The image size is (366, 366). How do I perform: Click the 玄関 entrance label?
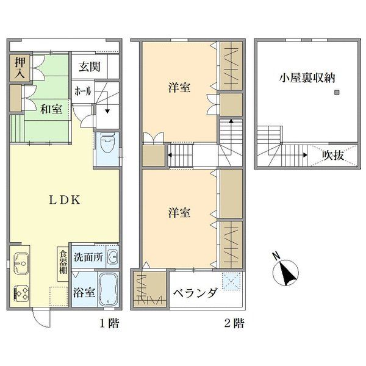point(90,66)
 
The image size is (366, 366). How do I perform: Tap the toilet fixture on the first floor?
point(107,142)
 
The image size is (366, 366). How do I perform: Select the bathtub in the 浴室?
point(107,289)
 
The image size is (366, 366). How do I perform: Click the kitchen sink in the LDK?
point(21,264)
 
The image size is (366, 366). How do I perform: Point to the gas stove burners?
point(21,293)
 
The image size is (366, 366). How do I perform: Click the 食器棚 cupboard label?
point(63,262)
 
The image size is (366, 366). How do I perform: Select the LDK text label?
point(65,200)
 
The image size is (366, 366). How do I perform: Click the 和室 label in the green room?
point(51,109)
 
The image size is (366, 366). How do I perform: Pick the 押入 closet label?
point(20,68)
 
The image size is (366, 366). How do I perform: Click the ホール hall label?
point(82,91)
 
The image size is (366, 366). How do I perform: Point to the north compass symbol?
point(286,272)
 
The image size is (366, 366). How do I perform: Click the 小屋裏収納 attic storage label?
point(307,77)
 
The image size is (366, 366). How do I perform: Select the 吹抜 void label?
point(333,155)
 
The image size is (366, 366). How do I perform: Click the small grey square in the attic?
point(337,93)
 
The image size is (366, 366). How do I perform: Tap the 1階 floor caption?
point(109,323)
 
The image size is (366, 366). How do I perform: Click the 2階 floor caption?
point(234,323)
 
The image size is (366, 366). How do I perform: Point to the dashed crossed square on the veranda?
point(231,281)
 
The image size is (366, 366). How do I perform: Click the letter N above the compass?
point(276,256)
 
